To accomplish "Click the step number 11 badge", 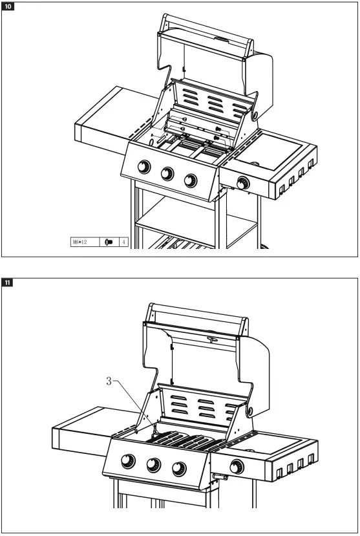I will (9, 283).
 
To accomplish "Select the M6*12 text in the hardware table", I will (81, 242).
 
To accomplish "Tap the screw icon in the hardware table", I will (109, 242).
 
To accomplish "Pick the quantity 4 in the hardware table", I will (124, 242).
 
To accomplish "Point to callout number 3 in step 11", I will (109, 381).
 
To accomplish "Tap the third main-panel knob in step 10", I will (190, 180).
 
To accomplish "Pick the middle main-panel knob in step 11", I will (153, 464).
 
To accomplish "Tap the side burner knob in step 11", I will (237, 466).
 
